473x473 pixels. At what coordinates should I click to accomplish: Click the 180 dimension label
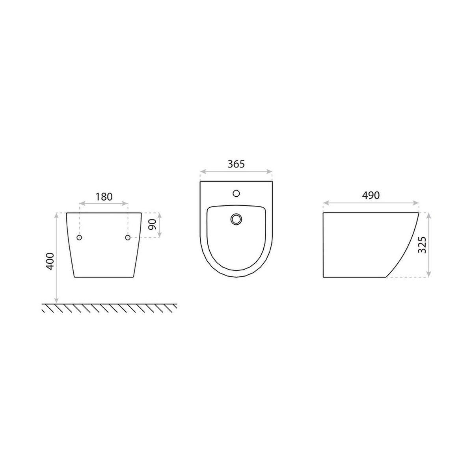104,197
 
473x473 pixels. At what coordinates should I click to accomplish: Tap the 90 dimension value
153,224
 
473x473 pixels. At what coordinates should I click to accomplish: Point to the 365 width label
236,164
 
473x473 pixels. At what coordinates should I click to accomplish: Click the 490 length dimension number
371,195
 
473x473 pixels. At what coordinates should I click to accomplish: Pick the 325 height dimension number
422,245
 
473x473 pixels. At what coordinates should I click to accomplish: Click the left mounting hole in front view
79,237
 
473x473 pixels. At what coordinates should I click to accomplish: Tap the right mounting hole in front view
128,237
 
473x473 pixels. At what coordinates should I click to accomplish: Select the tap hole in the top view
236,194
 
